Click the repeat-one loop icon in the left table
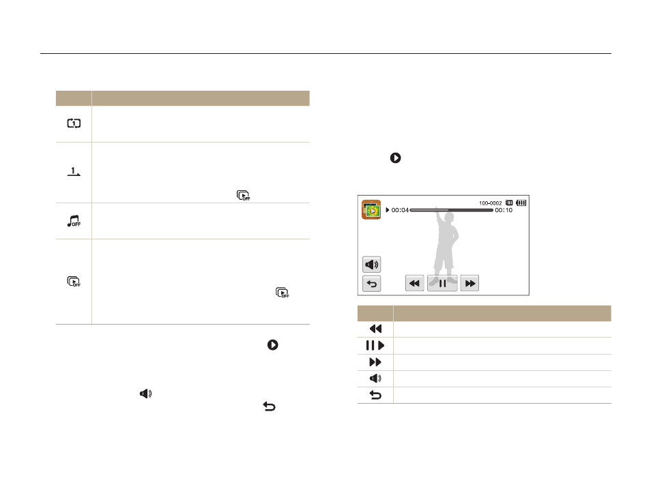(74, 123)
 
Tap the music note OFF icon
(74, 221)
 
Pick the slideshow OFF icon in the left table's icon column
(74, 282)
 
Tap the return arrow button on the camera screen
(372, 284)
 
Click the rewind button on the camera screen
(414, 284)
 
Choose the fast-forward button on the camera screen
(469, 284)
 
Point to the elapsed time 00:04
(400, 210)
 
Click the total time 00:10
(504, 210)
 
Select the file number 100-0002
(491, 203)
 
